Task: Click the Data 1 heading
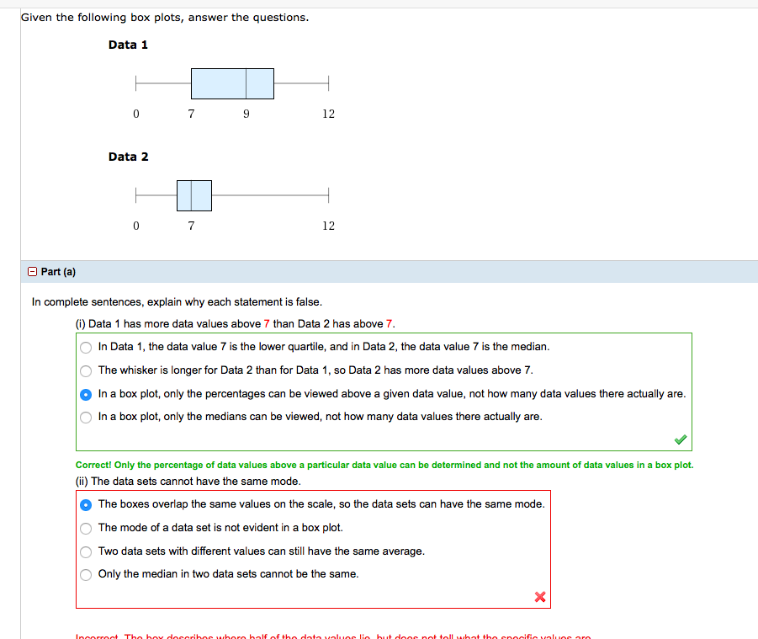pos(128,45)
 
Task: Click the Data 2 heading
pos(128,157)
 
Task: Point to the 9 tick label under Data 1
pos(246,114)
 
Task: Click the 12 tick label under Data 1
pos(328,114)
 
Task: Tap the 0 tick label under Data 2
pos(135,226)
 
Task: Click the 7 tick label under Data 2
pos(191,226)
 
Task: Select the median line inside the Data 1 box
pos(246,83)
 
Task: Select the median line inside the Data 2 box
pos(192,195)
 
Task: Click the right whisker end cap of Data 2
pos(328,195)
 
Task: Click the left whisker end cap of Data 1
pos(135,83)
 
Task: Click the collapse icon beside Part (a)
pos(32,272)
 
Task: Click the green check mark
pos(680,439)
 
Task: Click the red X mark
pos(540,597)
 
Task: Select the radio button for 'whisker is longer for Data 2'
pos(86,370)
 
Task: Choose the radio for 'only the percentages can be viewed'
pos(86,394)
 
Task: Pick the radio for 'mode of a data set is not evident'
pos(86,529)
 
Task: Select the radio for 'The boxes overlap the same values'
pos(86,505)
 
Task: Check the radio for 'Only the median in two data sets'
pos(86,575)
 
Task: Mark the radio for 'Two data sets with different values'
pos(86,552)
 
